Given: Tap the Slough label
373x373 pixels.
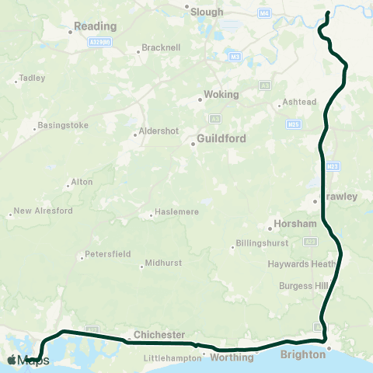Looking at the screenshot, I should pyautogui.click(x=207, y=12).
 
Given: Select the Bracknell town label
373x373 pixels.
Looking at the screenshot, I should pyautogui.click(x=162, y=48).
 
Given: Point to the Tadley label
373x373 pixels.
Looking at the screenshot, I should pyautogui.click(x=32, y=78).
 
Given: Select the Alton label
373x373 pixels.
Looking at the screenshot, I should pyautogui.click(x=82, y=182).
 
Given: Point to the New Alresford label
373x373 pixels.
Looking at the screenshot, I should pyautogui.click(x=43, y=211).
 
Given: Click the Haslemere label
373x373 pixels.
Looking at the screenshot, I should pyautogui.click(x=177, y=211).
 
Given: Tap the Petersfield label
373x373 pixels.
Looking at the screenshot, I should pyautogui.click(x=108, y=254).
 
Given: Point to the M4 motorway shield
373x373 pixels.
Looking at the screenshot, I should pyautogui.click(x=266, y=12).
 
